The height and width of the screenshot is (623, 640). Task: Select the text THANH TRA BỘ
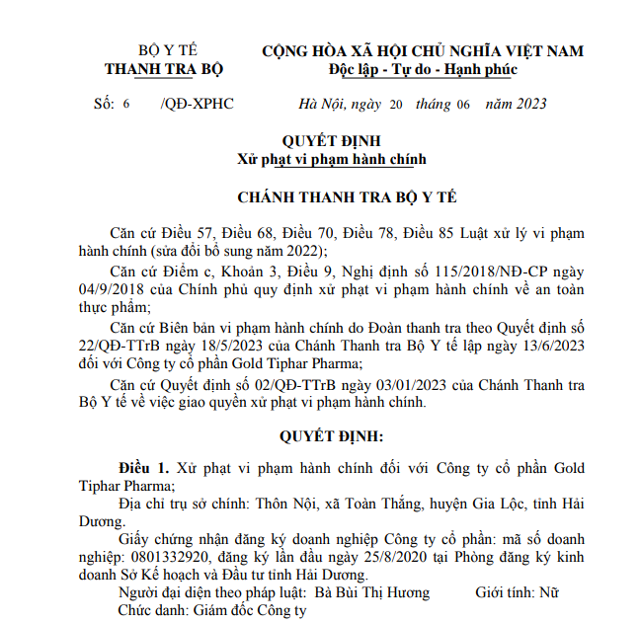tap(163, 70)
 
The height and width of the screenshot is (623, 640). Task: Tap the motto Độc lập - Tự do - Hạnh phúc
tap(423, 70)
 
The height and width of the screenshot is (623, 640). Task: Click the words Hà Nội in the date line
tap(320, 105)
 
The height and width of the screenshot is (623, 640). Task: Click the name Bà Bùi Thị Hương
tap(371, 592)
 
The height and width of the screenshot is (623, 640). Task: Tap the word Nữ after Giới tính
tap(549, 592)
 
